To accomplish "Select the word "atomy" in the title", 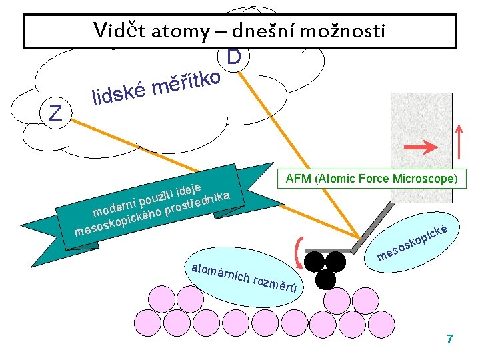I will point(179,31).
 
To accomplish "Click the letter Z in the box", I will point(56,113).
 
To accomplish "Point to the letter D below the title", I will point(233,58).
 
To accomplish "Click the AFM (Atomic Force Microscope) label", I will point(371,179).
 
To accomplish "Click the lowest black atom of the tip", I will point(325,278).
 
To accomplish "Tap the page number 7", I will point(449,339).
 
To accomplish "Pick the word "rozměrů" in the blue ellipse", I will point(275,284).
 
